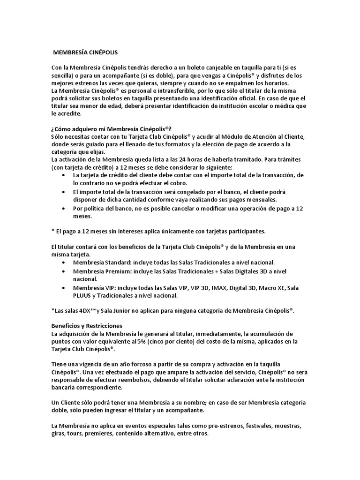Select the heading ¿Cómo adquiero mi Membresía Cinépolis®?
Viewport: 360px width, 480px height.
(x=111, y=129)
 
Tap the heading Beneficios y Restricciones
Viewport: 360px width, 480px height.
(x=87, y=325)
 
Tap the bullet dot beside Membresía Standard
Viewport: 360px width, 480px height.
(x=64, y=262)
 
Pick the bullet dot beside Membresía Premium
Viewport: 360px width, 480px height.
(x=64, y=271)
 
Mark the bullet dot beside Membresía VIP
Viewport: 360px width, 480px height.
(x=64, y=287)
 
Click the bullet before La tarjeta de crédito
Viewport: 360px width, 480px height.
(x=64, y=175)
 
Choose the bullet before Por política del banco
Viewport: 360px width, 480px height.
(x=64, y=209)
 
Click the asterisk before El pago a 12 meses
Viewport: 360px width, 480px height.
(x=52, y=232)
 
